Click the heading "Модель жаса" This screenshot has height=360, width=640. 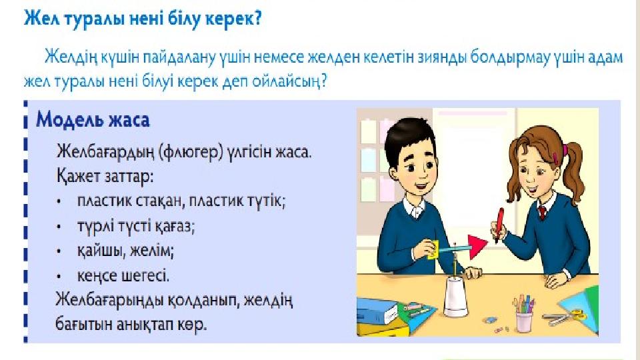point(93,120)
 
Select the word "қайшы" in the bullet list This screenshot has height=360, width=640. point(101,251)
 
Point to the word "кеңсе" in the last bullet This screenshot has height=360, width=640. point(98,276)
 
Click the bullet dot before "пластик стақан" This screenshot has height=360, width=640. point(59,201)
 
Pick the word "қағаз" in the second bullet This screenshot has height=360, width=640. point(175,226)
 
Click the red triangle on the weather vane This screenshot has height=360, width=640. point(477,246)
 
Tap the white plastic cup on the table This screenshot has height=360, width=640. point(456,297)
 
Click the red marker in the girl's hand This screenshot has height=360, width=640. point(499,225)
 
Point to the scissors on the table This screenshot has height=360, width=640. point(565,316)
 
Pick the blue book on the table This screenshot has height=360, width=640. point(377,311)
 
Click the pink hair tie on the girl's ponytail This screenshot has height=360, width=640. point(565,149)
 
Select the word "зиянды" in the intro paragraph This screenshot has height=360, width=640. point(441,57)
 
